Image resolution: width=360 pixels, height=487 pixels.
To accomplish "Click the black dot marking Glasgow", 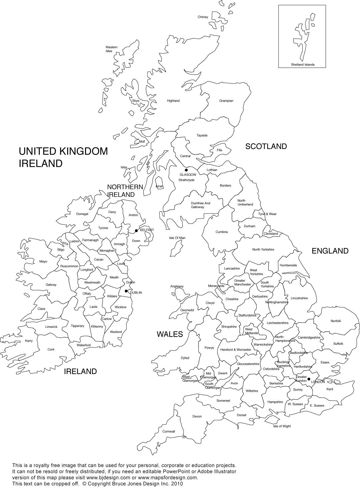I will pos(186,170).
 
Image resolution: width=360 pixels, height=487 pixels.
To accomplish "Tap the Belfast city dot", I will pos(136,230).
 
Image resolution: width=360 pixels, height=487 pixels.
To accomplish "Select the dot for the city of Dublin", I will pos(126,291).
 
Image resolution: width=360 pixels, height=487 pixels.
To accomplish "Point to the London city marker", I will pos(309,379).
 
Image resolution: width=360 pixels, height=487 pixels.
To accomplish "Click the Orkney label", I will pos(203,17).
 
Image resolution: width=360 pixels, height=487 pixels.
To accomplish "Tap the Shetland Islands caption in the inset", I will pos(303,65).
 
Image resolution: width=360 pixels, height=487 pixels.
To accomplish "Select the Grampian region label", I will pos(226,101).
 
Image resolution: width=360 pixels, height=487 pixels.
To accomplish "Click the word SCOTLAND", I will pos(266,146).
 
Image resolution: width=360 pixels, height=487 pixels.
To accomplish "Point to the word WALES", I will pos(170,334).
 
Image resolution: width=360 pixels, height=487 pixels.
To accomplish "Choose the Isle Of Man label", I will pos(177,238).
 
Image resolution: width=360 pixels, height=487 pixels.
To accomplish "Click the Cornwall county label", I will pos(169,432).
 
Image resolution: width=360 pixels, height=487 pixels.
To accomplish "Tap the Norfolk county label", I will pos(336,321).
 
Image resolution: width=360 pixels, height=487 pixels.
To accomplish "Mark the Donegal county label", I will pos(82,214).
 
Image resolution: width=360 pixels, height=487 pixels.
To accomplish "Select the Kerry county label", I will pos(29,341).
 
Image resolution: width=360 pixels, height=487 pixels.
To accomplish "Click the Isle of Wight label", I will pos(282,426).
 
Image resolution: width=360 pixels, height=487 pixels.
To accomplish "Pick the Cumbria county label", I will pos(221,232).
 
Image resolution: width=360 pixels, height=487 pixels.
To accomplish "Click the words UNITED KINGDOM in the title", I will pos(63,151).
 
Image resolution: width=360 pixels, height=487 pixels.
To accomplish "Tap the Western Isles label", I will pos(111,49).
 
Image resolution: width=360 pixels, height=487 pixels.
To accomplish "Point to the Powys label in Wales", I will pos(209,348).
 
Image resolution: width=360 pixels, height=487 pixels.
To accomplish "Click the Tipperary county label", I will pos(77,326).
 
